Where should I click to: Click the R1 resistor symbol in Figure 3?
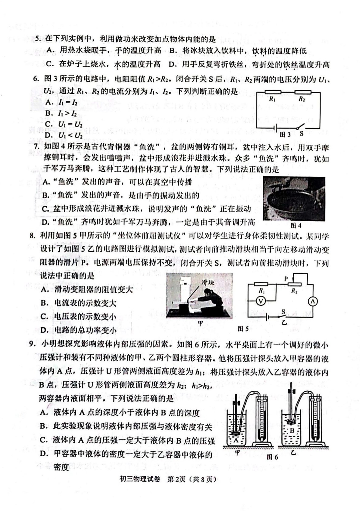coord(273,92)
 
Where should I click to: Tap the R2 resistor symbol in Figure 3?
coord(303,92)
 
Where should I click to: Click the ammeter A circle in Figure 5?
coord(313,301)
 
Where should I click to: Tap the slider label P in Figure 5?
coord(286,279)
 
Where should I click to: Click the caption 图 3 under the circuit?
coord(285,135)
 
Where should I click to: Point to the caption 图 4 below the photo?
coord(296,226)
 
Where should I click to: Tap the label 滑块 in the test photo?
coord(208,283)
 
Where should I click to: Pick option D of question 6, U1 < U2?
coord(63,135)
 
